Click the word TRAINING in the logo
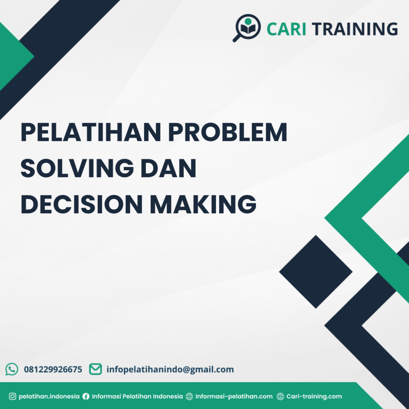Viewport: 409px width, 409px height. (x=355, y=29)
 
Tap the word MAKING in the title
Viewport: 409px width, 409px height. (x=203, y=204)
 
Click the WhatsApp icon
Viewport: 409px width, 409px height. (x=12, y=369)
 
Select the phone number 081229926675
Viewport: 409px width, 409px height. (x=53, y=369)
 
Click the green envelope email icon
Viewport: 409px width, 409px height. (x=95, y=369)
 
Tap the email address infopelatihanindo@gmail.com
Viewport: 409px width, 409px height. (x=170, y=369)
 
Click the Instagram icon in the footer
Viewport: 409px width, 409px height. (x=12, y=397)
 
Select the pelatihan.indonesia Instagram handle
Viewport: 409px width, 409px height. (x=49, y=397)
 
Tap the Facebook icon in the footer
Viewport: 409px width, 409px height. (x=86, y=397)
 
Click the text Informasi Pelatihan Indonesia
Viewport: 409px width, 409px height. (x=137, y=397)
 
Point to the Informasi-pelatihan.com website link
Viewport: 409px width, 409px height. (x=234, y=397)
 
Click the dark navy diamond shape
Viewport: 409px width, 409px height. (x=316, y=272)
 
